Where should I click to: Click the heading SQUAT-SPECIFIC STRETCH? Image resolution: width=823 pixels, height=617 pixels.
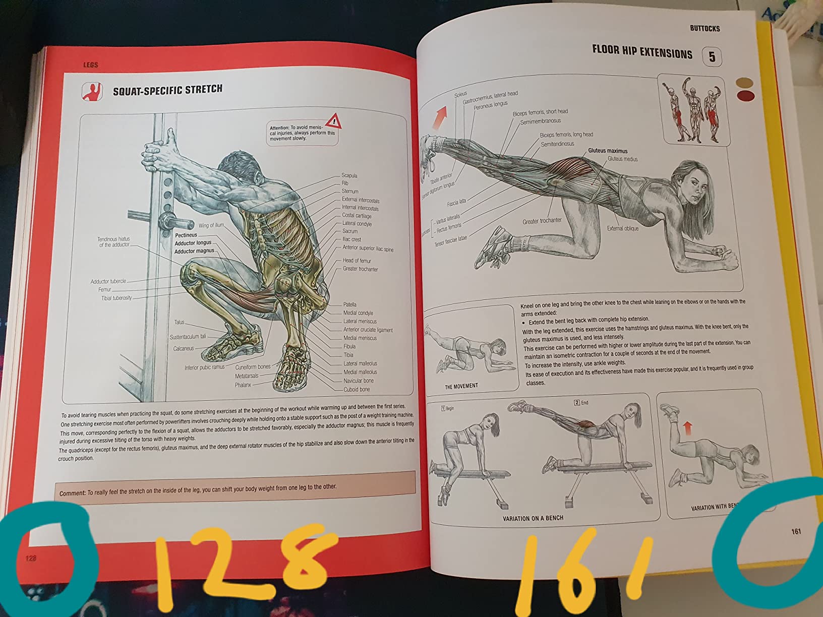(167, 90)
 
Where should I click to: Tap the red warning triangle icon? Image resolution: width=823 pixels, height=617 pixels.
(333, 121)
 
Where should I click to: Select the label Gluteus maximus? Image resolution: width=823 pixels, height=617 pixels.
(607, 151)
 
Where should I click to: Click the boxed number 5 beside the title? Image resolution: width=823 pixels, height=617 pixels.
(712, 56)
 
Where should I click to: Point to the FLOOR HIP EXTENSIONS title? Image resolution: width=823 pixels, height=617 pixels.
(642, 51)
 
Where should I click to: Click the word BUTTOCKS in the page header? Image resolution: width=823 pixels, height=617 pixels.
(704, 28)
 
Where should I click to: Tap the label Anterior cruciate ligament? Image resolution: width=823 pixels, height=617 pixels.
(368, 330)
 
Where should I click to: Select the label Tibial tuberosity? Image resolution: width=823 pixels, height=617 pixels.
(116, 298)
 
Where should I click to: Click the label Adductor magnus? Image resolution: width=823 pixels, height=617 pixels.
(194, 251)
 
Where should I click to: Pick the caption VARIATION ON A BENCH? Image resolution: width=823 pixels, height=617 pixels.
(533, 518)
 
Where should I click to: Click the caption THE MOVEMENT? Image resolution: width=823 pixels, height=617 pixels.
(461, 386)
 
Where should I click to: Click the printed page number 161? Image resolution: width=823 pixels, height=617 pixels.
(796, 531)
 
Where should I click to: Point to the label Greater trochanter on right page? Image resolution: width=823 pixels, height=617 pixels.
(542, 221)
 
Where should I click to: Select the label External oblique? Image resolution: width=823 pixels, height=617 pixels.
(622, 228)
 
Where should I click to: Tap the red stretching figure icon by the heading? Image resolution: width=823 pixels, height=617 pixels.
(92, 92)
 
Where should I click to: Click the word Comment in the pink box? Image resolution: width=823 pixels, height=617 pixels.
(72, 493)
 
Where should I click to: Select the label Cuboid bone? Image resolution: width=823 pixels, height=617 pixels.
(357, 389)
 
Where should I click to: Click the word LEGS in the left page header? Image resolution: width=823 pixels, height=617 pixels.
(90, 65)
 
